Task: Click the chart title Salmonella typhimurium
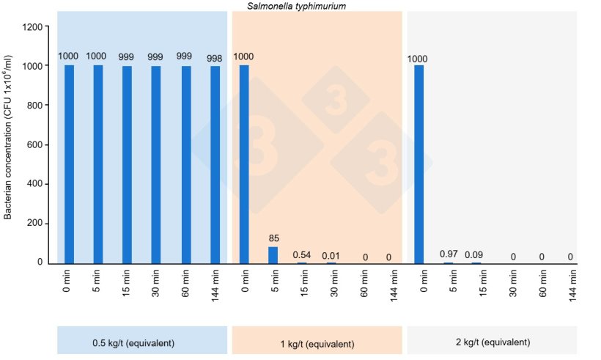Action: tap(307, 6)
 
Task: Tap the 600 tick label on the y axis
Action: tap(34, 144)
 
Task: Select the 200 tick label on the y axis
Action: tap(34, 223)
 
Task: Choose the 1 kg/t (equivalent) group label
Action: tap(317, 343)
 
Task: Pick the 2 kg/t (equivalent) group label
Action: tap(492, 342)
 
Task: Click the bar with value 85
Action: tap(273, 254)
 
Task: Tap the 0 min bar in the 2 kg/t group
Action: tap(419, 164)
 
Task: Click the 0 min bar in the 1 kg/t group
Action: tap(243, 164)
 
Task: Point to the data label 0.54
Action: tap(302, 254)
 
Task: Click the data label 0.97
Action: tap(449, 254)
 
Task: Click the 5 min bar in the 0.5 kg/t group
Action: tap(98, 164)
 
